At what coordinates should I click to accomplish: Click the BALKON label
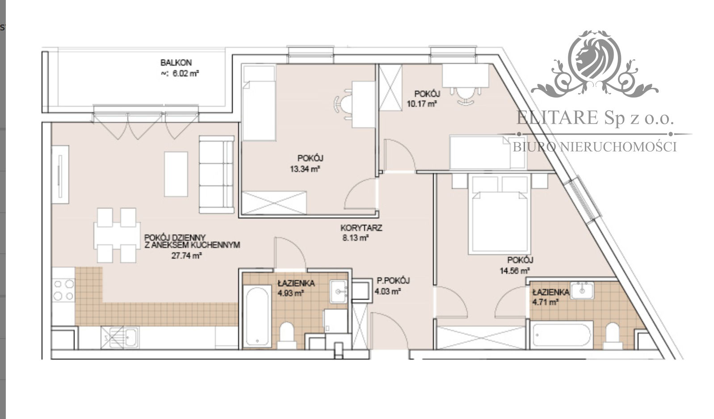(x=176, y=63)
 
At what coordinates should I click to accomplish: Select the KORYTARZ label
(x=361, y=228)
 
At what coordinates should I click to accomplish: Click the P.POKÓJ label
(x=393, y=281)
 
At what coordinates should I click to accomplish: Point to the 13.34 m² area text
(x=305, y=169)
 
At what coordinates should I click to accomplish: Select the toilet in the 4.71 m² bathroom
(x=612, y=336)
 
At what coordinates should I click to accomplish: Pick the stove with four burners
(x=63, y=289)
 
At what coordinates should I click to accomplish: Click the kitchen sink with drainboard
(x=119, y=337)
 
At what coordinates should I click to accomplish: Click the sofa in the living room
(x=216, y=174)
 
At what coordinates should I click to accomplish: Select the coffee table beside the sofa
(x=176, y=174)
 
